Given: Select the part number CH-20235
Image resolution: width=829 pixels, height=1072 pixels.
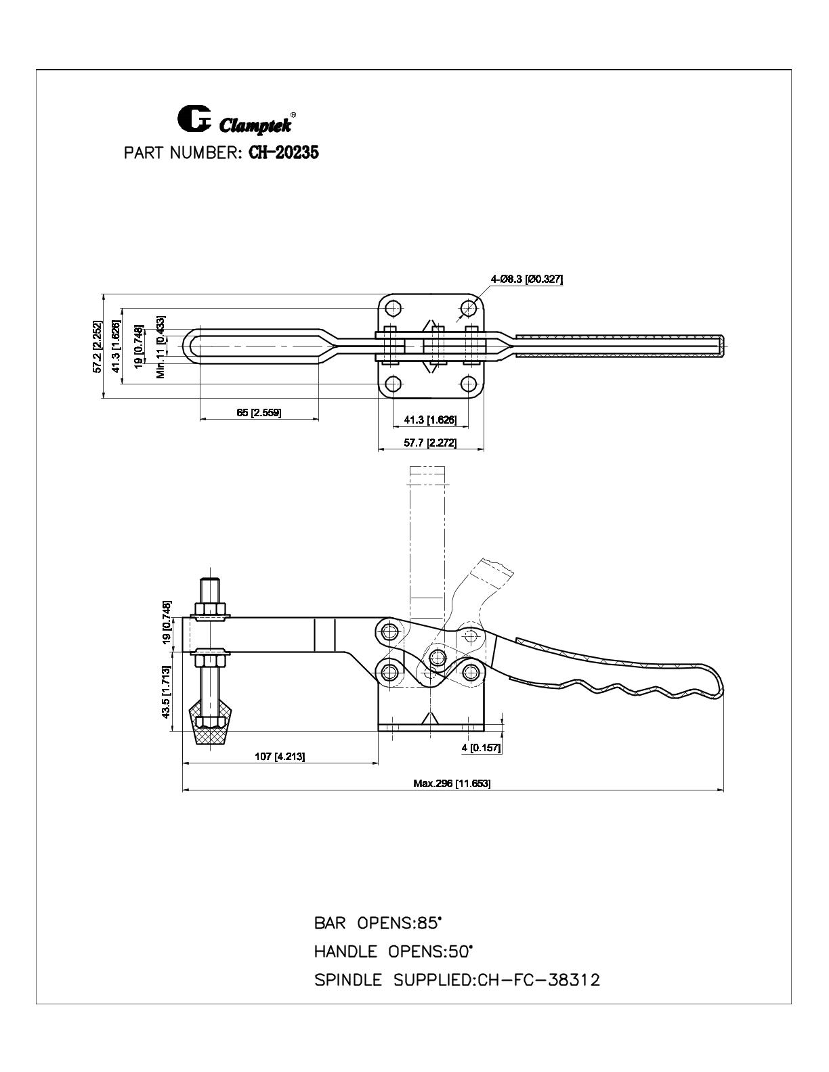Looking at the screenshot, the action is pos(283,153).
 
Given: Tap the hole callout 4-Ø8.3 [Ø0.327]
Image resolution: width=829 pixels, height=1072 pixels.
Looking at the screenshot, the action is pos(526,280).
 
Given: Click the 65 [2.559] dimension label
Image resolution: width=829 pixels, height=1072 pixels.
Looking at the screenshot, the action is pos(259,412).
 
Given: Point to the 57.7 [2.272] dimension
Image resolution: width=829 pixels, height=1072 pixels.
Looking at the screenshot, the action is pos(430,443).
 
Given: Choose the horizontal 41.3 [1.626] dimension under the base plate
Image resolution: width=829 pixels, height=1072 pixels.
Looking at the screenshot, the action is pos(430,420).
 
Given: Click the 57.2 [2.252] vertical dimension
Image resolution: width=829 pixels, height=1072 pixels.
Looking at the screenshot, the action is pos(98,347).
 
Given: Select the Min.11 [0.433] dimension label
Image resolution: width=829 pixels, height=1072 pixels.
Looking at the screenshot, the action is pos(161,347).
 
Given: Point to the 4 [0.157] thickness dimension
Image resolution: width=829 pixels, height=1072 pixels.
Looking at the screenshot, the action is pos(482,748).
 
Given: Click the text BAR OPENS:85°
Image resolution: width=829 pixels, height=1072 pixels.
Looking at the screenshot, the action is pos(377,923).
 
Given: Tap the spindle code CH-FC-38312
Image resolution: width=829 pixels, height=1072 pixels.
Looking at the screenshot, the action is pos(538,980).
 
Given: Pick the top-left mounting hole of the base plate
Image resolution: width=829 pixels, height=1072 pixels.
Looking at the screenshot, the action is pos(393,308).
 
